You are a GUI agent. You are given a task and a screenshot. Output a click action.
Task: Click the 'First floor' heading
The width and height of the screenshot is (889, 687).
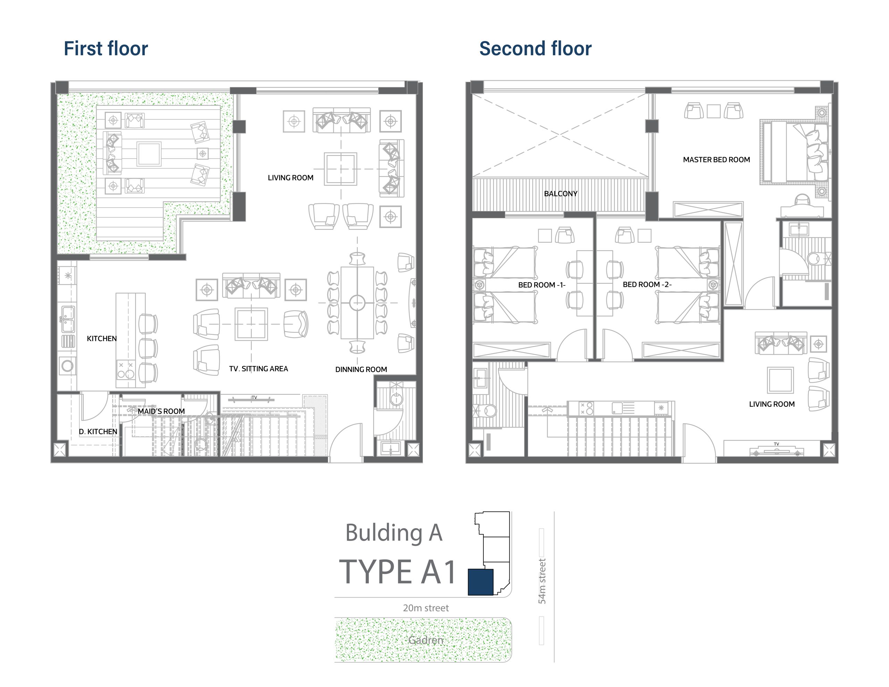pyautogui.click(x=106, y=48)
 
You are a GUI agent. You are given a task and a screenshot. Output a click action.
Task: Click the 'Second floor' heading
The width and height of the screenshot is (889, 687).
pyautogui.click(x=535, y=48)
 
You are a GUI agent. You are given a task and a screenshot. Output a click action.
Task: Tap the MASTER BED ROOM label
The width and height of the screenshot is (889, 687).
pyautogui.click(x=716, y=160)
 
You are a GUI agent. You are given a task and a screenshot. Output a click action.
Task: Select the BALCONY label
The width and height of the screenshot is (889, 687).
pyautogui.click(x=560, y=194)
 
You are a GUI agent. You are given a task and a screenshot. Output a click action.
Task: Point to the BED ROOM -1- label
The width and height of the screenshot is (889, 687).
pyautogui.click(x=542, y=285)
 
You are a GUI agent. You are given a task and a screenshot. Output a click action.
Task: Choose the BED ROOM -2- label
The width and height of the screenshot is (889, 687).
pyautogui.click(x=647, y=284)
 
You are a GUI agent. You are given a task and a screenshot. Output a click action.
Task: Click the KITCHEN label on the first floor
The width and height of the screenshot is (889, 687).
pyautogui.click(x=102, y=339)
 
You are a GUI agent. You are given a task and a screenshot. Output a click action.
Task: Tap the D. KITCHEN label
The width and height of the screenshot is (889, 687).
pyautogui.click(x=98, y=431)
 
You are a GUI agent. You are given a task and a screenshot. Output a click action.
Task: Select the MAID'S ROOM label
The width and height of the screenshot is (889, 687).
pyautogui.click(x=161, y=411)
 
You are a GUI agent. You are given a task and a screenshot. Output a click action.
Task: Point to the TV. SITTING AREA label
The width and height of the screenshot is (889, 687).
pyautogui.click(x=258, y=369)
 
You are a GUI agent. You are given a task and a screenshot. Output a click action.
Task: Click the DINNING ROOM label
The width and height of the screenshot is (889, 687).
pyautogui.click(x=361, y=370)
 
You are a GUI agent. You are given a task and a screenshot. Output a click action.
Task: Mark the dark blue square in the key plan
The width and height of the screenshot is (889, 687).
pyautogui.click(x=481, y=582)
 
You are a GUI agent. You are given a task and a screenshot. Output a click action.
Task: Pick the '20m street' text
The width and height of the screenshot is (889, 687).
pyautogui.click(x=426, y=608)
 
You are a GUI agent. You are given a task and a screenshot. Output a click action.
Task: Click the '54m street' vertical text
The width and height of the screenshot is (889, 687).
pyautogui.click(x=542, y=581)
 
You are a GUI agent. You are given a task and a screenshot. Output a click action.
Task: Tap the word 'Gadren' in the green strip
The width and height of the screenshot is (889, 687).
pyautogui.click(x=426, y=640)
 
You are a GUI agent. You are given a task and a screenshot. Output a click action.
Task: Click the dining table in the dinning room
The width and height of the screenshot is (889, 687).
pyautogui.click(x=357, y=303)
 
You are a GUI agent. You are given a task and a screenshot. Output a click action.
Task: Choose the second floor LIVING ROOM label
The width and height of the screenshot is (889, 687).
pyautogui.click(x=772, y=404)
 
